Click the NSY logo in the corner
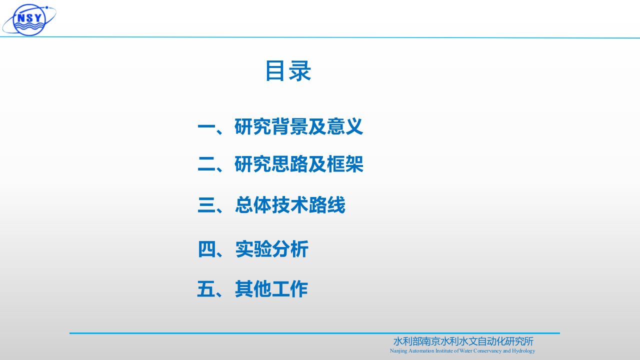pos(29,19)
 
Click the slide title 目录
pos(288,71)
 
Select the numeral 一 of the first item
pos(206,127)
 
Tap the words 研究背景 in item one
pos(270,127)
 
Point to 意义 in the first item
pos(345,127)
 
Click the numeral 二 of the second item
pos(206,165)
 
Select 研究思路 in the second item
pos(270,164)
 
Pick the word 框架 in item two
pos(345,164)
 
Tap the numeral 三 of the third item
pos(206,205)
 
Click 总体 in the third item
pos(253,205)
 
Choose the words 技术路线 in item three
pos(308,205)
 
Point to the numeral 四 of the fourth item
pos(206,249)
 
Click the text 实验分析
pos(272,249)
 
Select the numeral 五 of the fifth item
pos(206,289)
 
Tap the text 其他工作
pos(271,289)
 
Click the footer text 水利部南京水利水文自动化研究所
pos(463,341)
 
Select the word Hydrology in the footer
pos(523,351)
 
